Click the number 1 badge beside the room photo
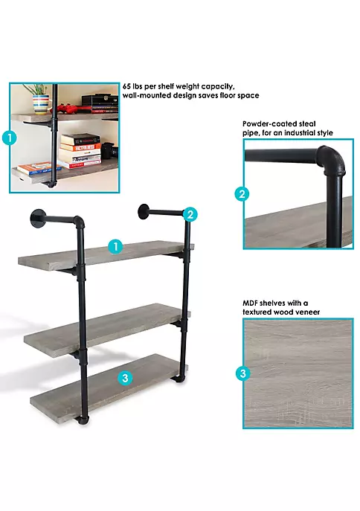[10, 138]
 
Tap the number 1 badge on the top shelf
[115, 246]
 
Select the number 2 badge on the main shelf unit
[190, 214]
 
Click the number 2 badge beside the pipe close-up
[242, 194]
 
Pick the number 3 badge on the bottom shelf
[125, 378]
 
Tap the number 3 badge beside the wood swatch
[243, 373]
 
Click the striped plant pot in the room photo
[41, 105]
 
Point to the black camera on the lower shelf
[109, 150]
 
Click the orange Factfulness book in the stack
[81, 147]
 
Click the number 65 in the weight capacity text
[126, 87]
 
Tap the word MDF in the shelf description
[250, 303]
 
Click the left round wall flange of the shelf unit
[37, 219]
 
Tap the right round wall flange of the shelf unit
[144, 212]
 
